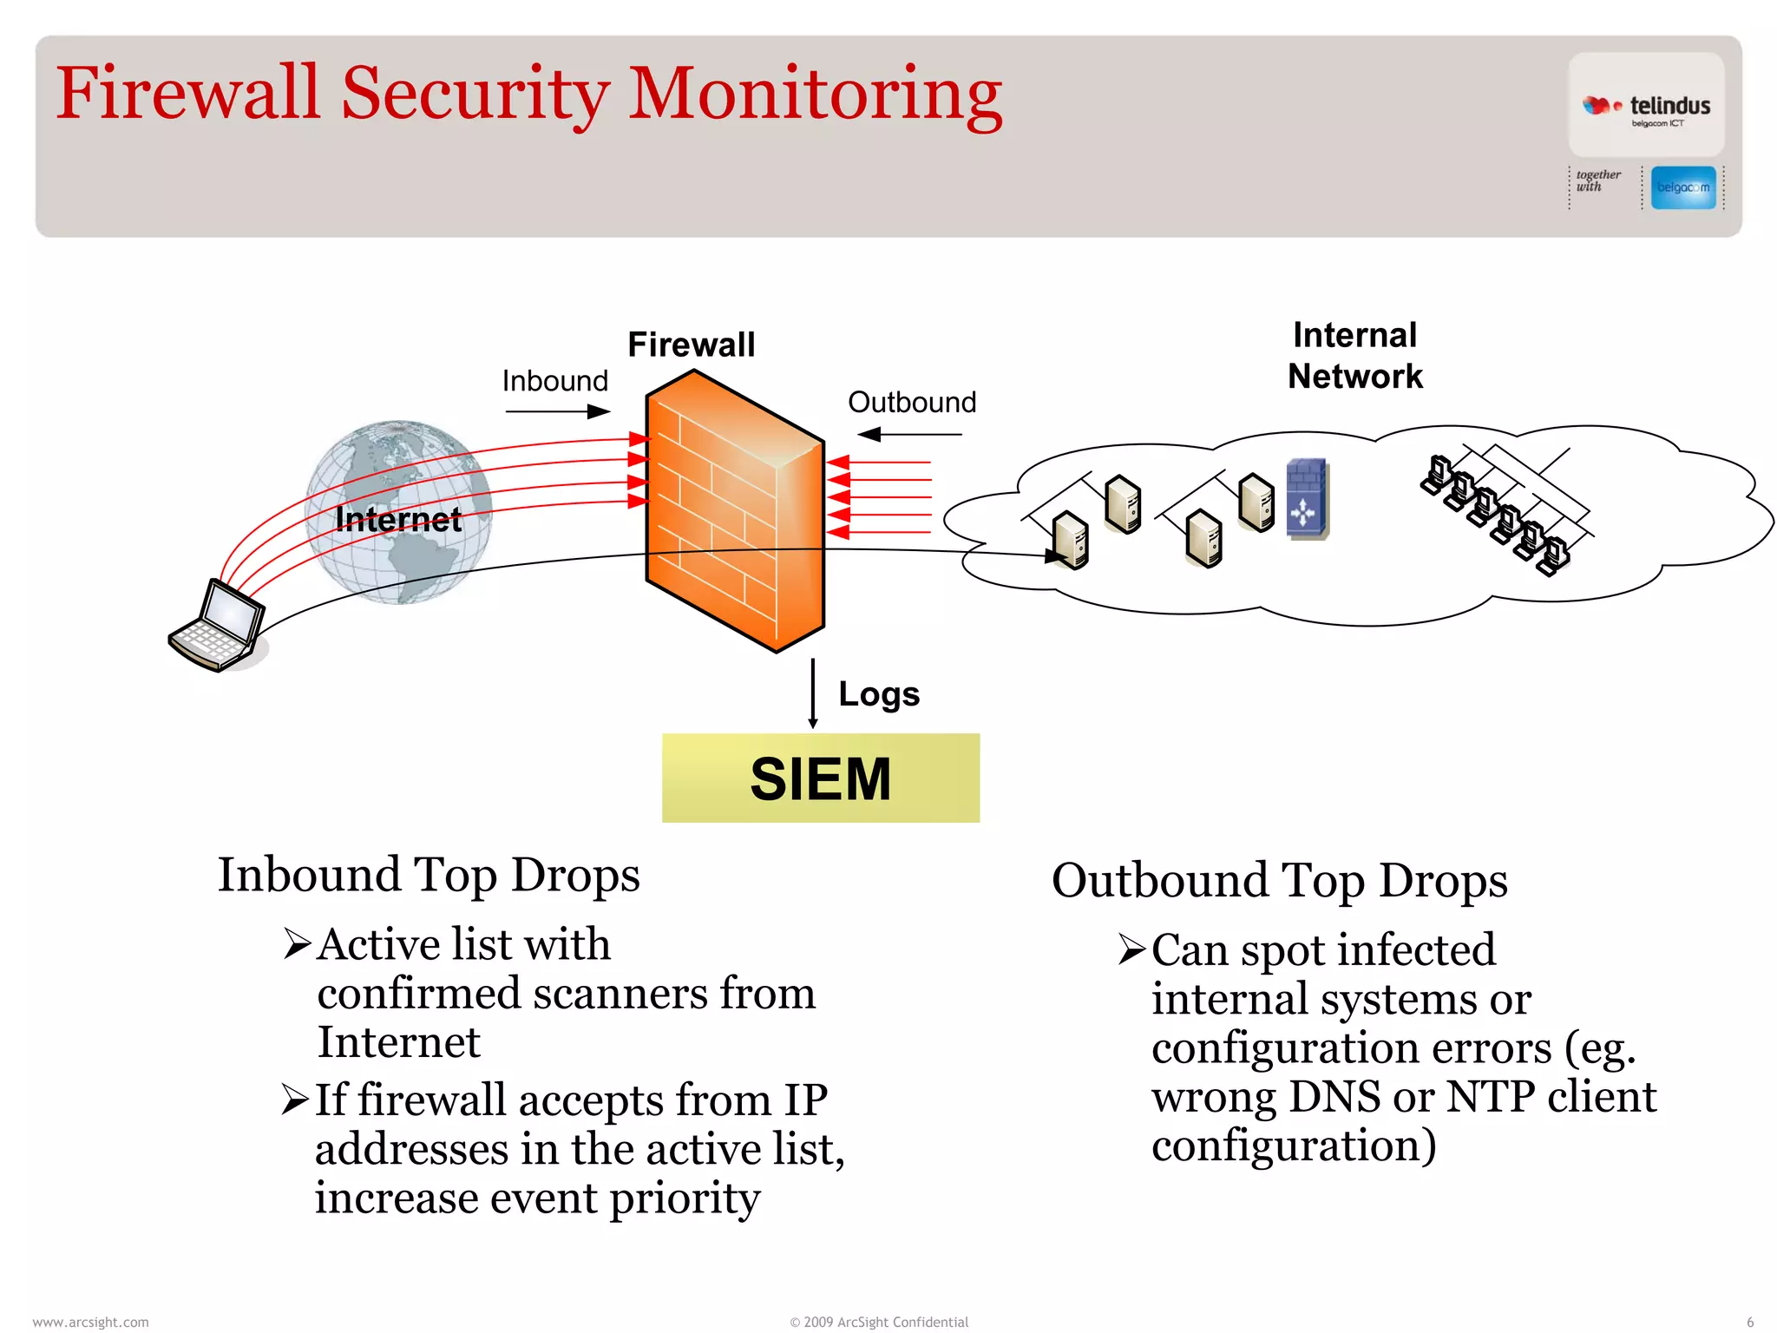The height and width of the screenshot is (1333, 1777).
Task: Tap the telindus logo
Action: point(1646,107)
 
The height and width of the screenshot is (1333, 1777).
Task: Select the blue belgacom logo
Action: point(1682,187)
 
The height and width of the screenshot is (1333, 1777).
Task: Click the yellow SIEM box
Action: point(820,778)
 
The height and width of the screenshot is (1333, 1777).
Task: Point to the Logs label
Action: point(878,694)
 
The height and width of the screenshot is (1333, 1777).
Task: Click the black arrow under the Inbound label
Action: point(557,411)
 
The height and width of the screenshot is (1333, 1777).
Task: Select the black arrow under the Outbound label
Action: point(908,434)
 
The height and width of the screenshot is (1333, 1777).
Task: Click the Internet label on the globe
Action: point(398,519)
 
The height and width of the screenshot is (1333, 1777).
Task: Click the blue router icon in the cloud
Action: point(1306,499)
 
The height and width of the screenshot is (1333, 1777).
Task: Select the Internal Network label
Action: point(1354,356)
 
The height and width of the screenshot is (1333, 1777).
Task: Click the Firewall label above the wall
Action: point(691,345)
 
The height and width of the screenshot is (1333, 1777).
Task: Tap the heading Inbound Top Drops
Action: point(429,875)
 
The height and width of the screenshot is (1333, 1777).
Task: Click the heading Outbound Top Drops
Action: point(1279,880)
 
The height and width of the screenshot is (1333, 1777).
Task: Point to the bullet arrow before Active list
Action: point(297,943)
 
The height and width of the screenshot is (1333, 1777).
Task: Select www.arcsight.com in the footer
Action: point(90,1322)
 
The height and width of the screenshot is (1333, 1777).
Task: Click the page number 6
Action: point(1749,1322)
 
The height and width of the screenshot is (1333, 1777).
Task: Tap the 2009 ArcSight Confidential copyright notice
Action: point(878,1322)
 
